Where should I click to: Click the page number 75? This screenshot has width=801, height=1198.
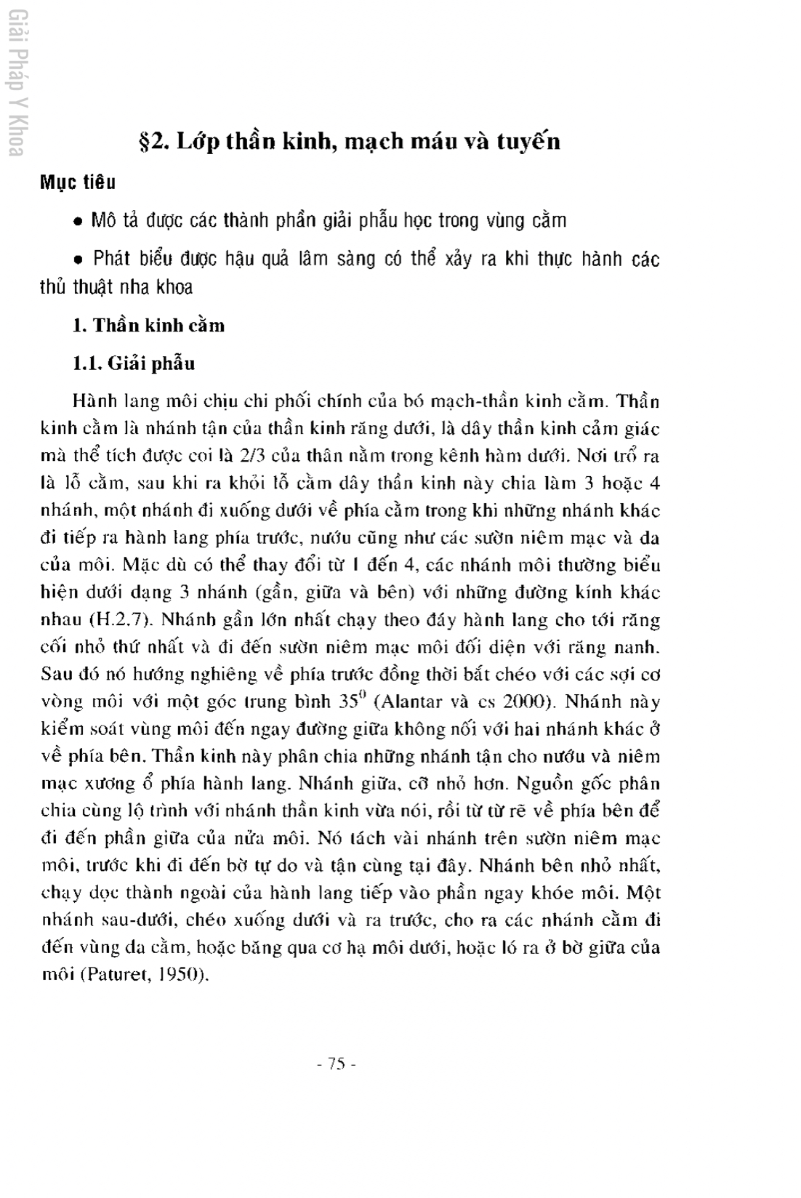(337, 1064)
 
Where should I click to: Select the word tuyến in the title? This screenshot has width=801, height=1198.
(528, 141)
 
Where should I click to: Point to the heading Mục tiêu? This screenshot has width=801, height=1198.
(78, 182)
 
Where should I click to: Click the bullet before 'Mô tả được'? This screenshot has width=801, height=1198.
(78, 221)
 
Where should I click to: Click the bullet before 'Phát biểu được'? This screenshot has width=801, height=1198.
(78, 260)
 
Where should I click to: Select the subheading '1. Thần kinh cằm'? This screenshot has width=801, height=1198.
(148, 325)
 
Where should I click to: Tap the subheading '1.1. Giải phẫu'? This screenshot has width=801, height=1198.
(134, 363)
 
